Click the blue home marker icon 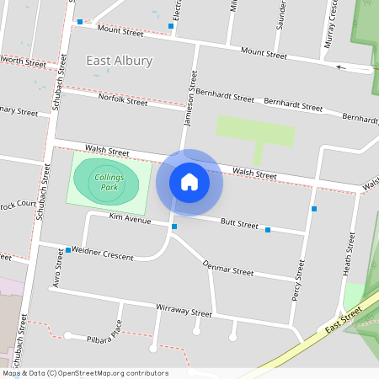[189, 181]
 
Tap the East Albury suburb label [120, 61]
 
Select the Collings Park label [109, 183]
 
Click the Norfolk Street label [123, 100]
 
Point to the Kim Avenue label [130, 219]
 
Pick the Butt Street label [238, 224]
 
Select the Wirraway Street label [184, 311]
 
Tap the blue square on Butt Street [268, 229]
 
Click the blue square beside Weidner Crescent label [68, 250]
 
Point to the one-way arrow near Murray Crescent [340, 67]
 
